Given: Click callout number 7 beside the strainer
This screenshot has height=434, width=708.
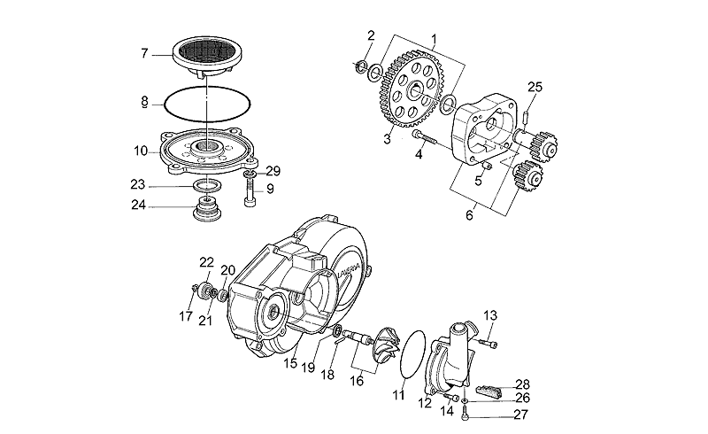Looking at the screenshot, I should tap(144, 53).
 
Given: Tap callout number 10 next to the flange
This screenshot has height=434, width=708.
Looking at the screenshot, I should tap(141, 151).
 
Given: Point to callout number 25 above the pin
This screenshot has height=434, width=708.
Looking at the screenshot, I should tap(534, 86).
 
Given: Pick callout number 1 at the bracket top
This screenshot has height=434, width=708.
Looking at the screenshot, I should tap(435, 38).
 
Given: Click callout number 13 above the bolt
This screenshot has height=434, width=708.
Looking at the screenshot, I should tap(489, 316).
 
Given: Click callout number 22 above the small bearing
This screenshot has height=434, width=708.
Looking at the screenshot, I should tap(206, 262).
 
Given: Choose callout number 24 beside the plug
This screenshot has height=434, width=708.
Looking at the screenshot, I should tap(137, 207).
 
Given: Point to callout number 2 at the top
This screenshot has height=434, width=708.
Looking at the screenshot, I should tap(371, 35).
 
